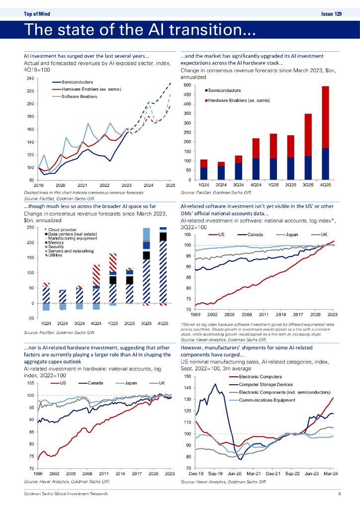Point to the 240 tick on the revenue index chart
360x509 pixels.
click(30, 79)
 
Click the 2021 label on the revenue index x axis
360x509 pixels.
click(82, 185)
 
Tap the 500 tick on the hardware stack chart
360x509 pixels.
click(186, 85)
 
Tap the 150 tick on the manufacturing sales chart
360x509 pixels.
click(188, 376)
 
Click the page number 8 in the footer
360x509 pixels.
click(339, 494)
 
